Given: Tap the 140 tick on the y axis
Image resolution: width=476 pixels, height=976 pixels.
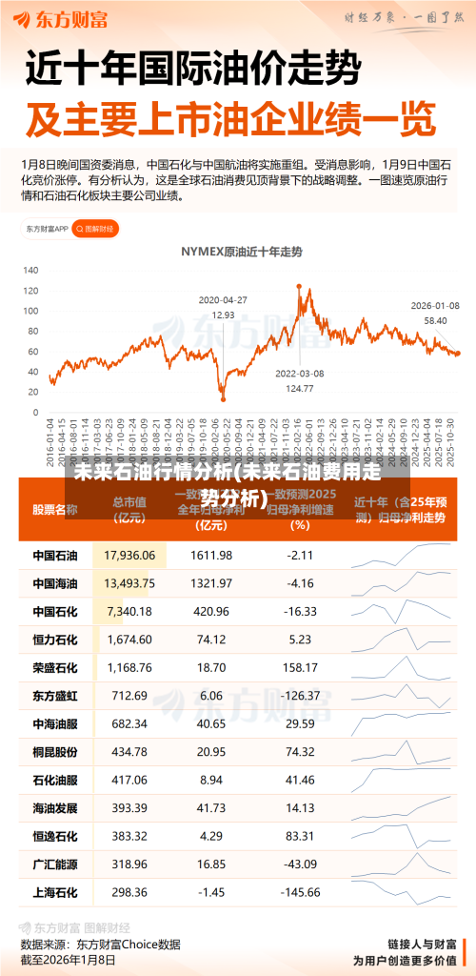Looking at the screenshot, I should pos(31,271).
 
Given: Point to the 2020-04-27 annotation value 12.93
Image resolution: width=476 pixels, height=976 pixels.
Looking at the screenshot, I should pos(223,315).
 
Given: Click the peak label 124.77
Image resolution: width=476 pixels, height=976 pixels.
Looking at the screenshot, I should pos(300,388).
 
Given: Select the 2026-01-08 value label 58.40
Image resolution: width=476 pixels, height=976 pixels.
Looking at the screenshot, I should pos(435,321).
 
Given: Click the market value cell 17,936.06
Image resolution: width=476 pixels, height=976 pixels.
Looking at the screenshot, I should pos(129,555).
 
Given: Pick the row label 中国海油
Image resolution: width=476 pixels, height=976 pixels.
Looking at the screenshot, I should pos(55,582).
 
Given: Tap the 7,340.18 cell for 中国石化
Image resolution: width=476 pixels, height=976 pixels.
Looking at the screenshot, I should pos(129,610).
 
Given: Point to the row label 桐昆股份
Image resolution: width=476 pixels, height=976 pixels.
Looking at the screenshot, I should pos(55,752).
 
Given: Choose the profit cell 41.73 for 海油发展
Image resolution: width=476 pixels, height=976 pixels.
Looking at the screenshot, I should pos(211,808).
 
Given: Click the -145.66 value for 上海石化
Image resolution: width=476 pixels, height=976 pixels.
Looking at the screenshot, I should pos(300,892).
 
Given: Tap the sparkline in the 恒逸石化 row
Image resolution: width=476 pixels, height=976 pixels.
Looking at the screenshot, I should pos(400,836).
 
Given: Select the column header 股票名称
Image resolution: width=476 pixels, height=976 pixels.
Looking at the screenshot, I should pos(55,509).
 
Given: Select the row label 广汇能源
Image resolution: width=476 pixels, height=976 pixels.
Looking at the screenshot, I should pos(55,864).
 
